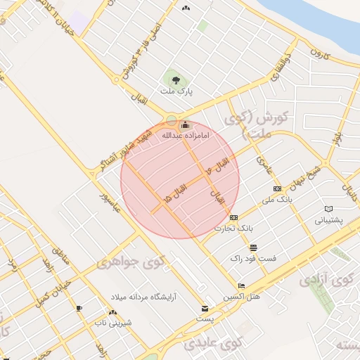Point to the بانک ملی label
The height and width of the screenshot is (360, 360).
tap(276, 200)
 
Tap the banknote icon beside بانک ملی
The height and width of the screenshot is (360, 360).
tap(277, 188)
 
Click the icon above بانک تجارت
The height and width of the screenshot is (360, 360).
tap(233, 217)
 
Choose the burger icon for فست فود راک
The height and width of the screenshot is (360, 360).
tap(253, 247)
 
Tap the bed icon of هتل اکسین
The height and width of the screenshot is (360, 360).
tap(242, 286)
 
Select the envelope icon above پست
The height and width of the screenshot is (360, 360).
tap(205, 308)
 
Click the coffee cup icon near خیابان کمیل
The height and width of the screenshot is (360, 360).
tap(79, 308)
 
